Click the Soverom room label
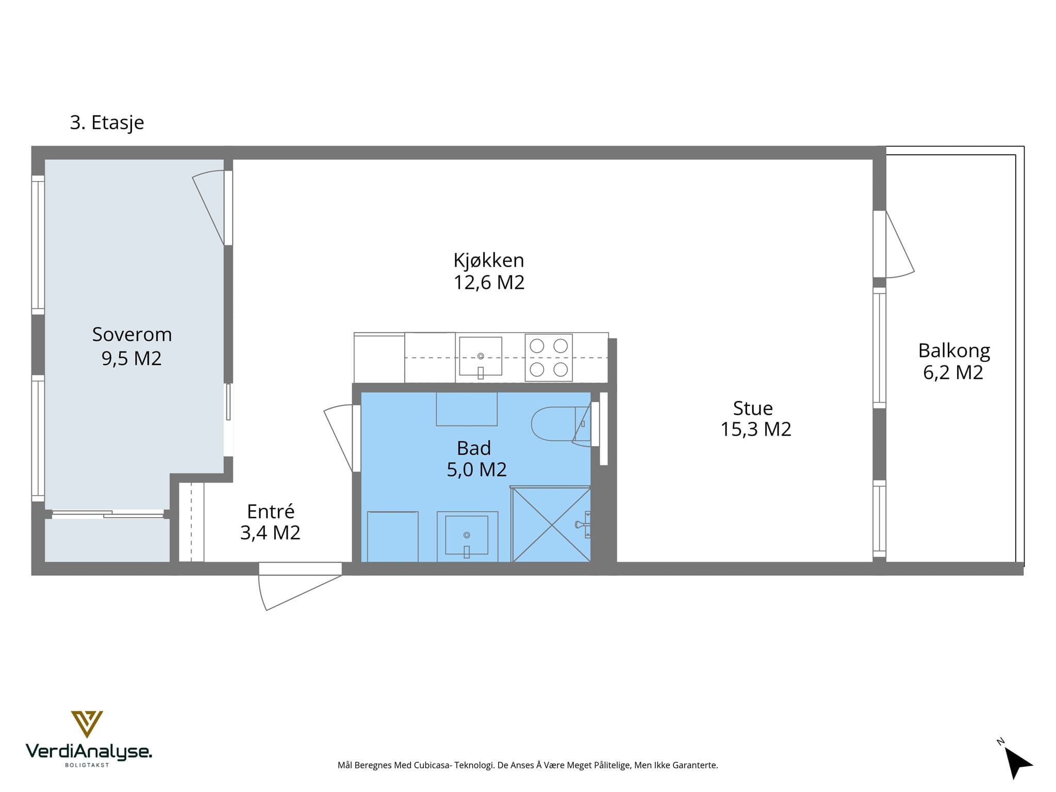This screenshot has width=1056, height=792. point(131,346)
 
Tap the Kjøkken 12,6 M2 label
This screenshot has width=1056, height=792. point(489,271)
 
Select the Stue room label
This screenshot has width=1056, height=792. point(755,418)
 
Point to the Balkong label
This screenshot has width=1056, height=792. point(954,361)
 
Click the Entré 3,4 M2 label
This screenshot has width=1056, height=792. point(270,522)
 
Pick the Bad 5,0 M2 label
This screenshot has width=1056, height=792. point(476,458)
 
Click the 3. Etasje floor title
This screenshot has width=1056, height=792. point(107,123)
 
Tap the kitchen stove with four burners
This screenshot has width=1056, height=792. point(549,357)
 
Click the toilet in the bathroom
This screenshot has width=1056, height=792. point(560,424)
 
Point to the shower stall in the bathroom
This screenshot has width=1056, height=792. point(551,524)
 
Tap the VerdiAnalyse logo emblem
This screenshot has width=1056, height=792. point(87,724)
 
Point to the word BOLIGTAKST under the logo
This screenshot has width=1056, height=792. point(87,765)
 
